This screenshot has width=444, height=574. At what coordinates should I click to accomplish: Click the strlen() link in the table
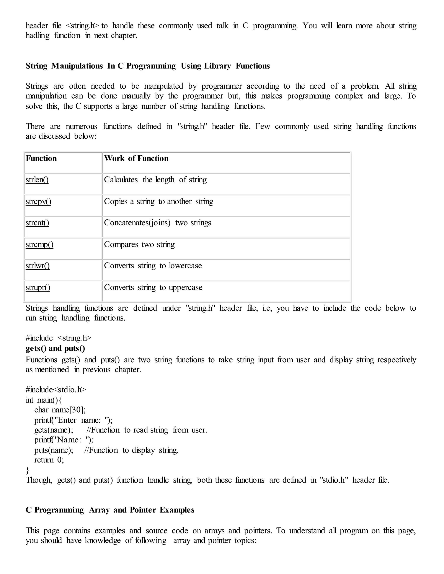coord(37,180)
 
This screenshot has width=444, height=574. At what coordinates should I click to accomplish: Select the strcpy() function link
coord(38,202)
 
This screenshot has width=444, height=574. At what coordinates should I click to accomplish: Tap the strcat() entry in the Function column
coord(37,223)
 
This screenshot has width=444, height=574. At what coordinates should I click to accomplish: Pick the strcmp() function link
coord(39,245)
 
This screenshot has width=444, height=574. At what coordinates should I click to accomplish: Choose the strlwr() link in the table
coord(38,266)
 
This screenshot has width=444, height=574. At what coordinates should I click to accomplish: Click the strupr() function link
coord(38,287)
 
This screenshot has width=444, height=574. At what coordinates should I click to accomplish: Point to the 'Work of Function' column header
coord(136,159)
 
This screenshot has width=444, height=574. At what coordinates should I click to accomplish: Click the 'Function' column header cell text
coord(41,159)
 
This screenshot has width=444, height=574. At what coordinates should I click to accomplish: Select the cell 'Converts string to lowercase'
coord(153,266)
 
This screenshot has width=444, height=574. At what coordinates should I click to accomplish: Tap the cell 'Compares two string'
coord(139,244)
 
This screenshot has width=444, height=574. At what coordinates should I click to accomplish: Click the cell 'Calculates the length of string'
coord(155,180)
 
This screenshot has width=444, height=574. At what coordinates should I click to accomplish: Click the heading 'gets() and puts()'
coord(55,349)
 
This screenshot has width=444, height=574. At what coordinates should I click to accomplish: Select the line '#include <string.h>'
coord(58,338)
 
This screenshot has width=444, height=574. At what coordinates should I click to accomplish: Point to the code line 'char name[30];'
coord(60,410)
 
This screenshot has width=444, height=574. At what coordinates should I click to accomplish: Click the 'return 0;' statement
coord(49,460)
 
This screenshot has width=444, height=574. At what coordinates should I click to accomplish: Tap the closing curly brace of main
coord(27,470)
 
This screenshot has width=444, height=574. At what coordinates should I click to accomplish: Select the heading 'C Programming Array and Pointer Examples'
coord(110,510)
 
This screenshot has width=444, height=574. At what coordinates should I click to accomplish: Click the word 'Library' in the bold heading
coord(217,66)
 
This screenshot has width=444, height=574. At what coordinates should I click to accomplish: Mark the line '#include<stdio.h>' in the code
coord(56,389)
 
